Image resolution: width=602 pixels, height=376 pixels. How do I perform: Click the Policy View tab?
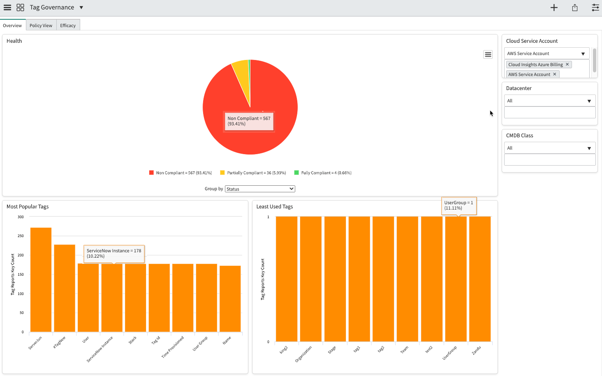(x=41, y=25)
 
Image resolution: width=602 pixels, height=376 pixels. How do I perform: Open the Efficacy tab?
(x=68, y=25)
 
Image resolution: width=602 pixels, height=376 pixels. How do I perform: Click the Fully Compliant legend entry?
(x=323, y=173)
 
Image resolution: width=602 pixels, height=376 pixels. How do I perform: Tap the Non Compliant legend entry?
(x=181, y=173)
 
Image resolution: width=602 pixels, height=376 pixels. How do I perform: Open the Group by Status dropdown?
(x=260, y=189)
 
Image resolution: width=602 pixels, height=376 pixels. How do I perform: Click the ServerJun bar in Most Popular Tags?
(x=41, y=279)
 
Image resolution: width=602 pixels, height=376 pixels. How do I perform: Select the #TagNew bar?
(x=65, y=288)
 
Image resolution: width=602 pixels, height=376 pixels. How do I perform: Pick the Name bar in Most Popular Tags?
(x=230, y=299)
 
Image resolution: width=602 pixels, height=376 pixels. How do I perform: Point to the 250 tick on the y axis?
(x=21, y=236)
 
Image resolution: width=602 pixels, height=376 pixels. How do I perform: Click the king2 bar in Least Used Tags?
(x=287, y=279)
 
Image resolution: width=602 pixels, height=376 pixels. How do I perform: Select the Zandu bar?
(x=480, y=279)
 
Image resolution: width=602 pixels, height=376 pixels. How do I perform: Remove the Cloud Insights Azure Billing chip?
(x=567, y=65)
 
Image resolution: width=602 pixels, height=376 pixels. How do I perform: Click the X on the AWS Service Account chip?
(x=554, y=74)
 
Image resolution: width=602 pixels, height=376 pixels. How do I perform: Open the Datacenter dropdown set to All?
(x=550, y=101)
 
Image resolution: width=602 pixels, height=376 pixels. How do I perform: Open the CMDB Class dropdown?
(x=550, y=148)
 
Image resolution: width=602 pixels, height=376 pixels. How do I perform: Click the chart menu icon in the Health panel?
(x=488, y=55)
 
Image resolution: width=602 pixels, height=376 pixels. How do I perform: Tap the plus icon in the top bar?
(x=554, y=7)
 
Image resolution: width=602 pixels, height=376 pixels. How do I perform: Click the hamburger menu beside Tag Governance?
(x=7, y=7)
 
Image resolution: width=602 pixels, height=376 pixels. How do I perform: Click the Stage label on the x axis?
(x=332, y=350)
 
